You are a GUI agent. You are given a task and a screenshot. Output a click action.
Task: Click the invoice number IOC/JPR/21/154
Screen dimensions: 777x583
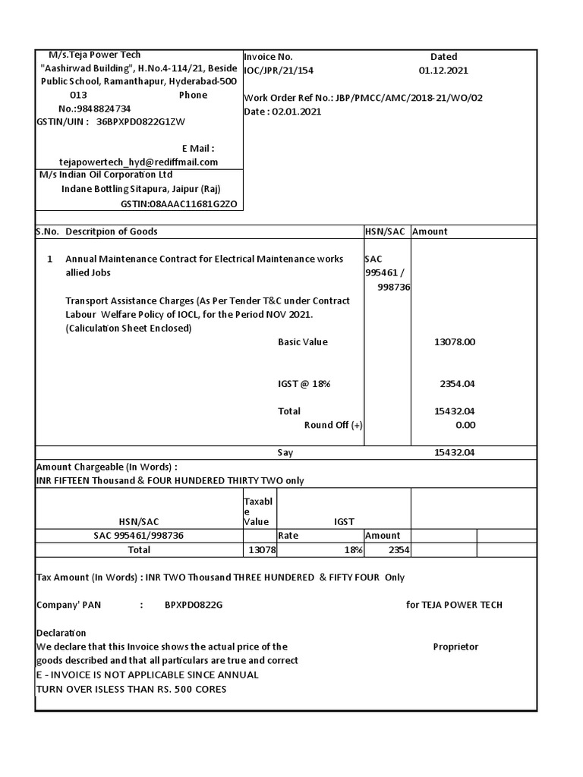(278, 71)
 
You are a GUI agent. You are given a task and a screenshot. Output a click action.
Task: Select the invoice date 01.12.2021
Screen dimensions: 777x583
(443, 71)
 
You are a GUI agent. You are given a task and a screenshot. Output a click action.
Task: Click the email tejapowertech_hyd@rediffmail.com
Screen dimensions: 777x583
(138, 162)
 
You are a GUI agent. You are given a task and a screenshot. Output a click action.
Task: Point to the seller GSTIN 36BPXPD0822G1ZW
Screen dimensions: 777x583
(140, 121)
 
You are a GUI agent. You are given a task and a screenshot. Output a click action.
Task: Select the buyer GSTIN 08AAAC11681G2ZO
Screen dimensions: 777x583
(179, 204)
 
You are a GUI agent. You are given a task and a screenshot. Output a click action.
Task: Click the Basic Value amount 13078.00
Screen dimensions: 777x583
(454, 342)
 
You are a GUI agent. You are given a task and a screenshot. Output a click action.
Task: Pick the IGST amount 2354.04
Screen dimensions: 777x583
(457, 384)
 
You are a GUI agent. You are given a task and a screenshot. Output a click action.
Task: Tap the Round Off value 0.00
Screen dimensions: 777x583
(465, 425)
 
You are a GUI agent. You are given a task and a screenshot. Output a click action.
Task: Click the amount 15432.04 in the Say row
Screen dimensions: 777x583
(454, 453)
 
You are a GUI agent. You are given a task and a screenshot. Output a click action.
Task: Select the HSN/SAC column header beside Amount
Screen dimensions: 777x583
(386, 231)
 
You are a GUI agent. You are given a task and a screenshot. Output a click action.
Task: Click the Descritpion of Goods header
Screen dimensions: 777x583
(112, 231)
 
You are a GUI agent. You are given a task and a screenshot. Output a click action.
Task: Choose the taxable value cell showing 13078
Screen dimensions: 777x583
(262, 550)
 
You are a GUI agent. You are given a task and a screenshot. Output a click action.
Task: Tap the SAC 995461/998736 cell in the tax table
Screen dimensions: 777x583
(138, 536)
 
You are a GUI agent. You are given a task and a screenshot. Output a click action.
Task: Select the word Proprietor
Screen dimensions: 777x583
(455, 646)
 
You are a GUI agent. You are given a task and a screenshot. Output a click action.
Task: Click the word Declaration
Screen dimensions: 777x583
(61, 633)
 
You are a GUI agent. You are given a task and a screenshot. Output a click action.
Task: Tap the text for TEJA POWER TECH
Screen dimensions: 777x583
(454, 605)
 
